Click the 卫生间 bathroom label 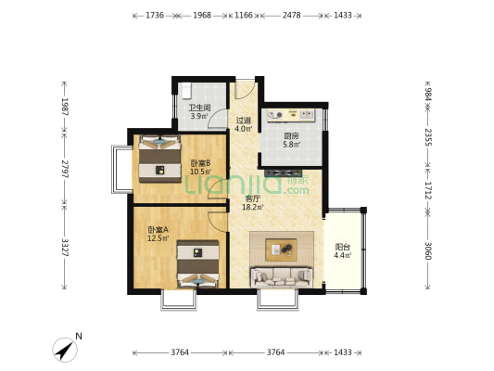[199, 108]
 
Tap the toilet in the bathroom [187, 90]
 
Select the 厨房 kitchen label [291, 136]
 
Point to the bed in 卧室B [160, 159]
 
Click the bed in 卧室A [197, 263]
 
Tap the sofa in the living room [282, 277]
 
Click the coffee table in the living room [282, 249]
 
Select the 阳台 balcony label [342, 247]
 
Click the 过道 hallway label [244, 121]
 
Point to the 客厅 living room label [253, 198]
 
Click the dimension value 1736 [155, 15]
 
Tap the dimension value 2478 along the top [291, 15]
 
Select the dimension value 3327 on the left [65, 248]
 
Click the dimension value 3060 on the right [427, 250]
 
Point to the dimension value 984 [427, 94]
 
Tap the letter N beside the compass [79, 337]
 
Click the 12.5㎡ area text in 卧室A [158, 238]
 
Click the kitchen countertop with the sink [291, 115]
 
